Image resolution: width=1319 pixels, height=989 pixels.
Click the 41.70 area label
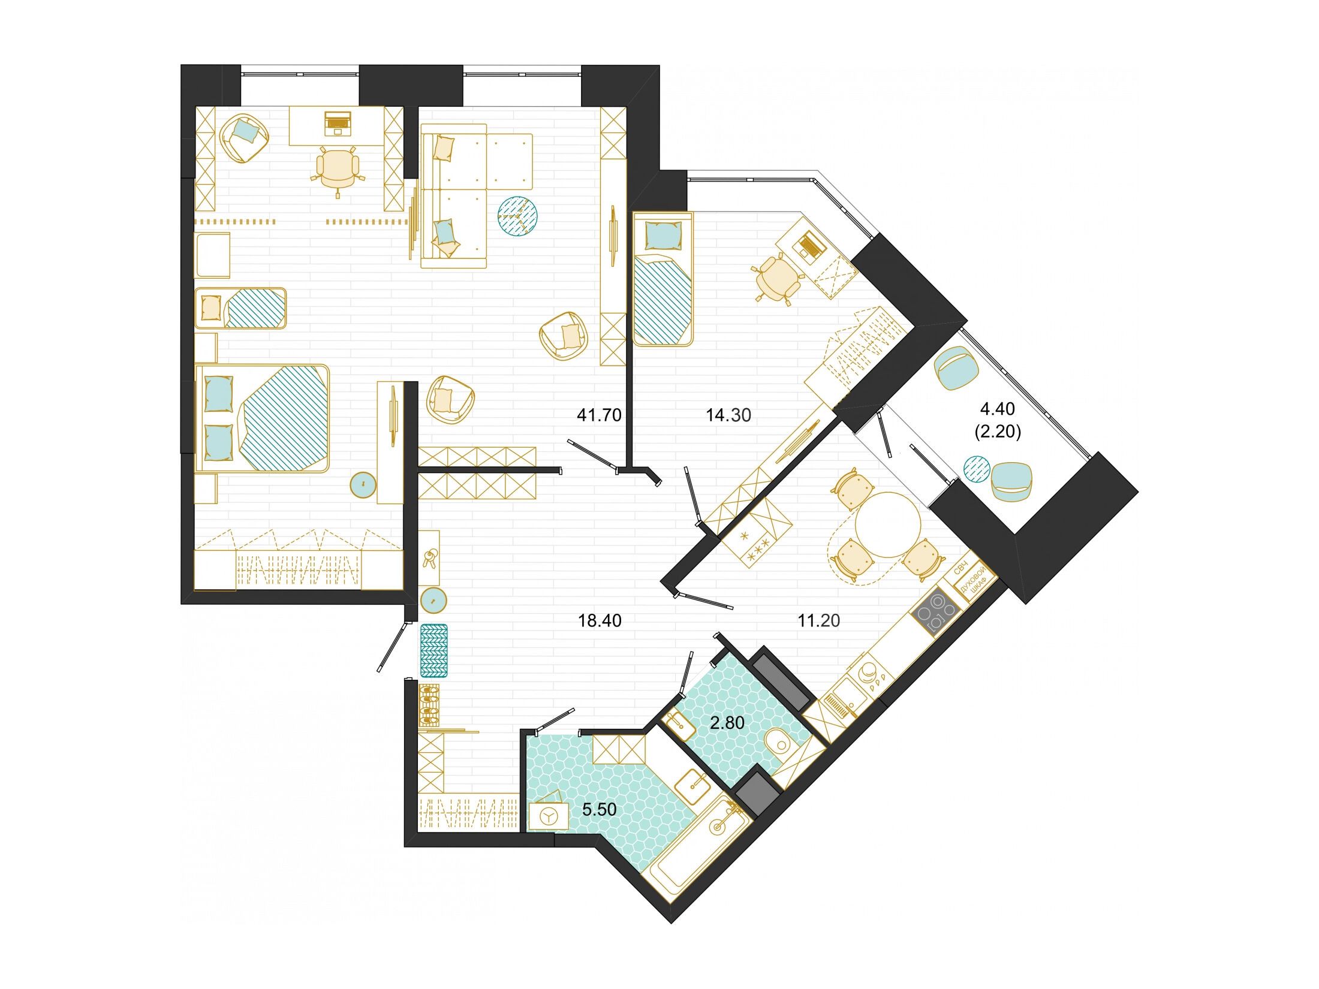coord(599,415)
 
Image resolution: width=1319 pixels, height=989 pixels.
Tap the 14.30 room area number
coord(728,415)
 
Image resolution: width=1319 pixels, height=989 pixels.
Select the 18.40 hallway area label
coord(600,620)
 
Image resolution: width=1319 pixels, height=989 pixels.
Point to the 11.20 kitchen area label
coord(818,620)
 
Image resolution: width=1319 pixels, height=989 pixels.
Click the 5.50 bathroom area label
coord(600,809)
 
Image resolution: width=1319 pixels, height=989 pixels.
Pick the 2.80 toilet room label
coord(727,723)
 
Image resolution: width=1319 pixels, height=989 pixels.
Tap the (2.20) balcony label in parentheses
coord(998,432)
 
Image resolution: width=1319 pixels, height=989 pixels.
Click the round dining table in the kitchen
coord(888,526)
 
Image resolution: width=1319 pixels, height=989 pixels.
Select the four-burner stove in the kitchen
coord(934,611)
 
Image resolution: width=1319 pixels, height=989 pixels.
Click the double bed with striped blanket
coord(263,418)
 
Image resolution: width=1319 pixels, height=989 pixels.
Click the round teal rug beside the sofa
coord(517,216)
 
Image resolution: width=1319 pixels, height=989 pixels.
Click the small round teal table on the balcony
coord(976,469)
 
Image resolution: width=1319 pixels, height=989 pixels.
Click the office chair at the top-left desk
coord(338,170)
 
